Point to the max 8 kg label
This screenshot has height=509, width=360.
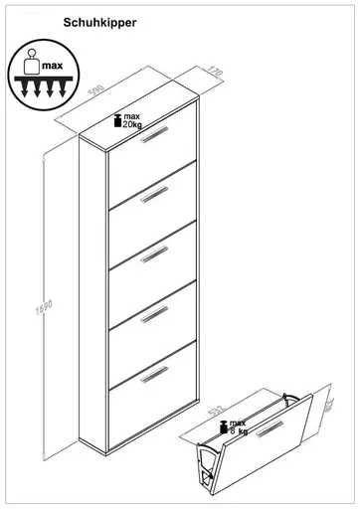click(236, 426)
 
